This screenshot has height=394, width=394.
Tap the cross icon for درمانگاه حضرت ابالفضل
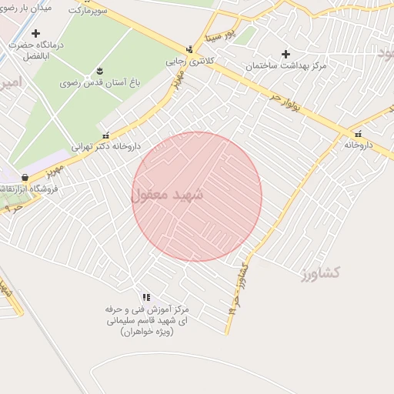35,33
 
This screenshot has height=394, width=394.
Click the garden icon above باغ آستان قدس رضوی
99,72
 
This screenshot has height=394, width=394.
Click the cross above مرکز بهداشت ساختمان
286,54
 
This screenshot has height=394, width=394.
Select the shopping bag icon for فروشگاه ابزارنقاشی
26,178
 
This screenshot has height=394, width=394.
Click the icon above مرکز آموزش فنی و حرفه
146,297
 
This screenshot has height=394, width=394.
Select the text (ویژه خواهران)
148,332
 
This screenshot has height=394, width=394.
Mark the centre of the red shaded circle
197,196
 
